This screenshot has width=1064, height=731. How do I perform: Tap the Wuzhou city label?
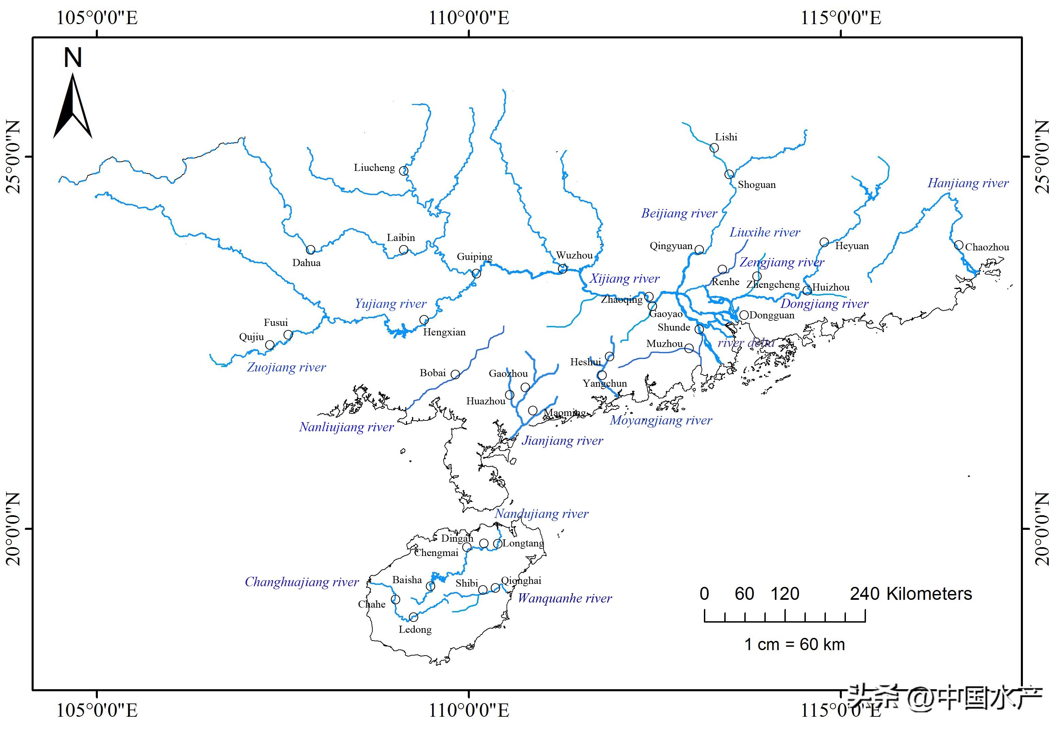coord(574,256)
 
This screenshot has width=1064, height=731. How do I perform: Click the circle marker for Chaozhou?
coord(958,245)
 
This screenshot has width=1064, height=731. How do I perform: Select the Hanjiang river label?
coord(968,183)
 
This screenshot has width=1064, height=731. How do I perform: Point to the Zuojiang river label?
coord(286,367)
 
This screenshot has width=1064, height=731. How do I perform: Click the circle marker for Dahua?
coord(311,250)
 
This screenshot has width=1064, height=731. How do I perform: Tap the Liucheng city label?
coord(374,168)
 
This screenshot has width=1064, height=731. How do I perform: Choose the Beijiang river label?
coord(679,213)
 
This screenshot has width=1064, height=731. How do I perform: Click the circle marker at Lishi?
coord(714,148)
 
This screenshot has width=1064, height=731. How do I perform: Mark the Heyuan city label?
coord(852,246)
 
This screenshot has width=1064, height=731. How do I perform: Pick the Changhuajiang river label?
coord(302,582)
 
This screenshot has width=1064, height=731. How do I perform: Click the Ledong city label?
coord(415,630)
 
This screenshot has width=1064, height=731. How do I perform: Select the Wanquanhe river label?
coord(565,599)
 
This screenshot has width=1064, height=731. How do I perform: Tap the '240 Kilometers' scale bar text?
coord(911,594)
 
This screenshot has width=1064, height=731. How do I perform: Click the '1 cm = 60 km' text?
coord(794,644)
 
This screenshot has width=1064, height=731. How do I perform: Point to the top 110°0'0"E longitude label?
coord(468,18)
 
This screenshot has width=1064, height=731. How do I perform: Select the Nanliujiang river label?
coord(346,427)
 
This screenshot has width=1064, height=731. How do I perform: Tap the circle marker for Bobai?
coord(455,375)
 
